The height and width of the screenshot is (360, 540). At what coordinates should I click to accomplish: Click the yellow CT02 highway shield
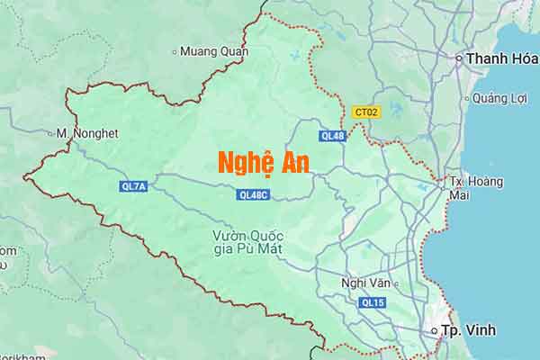(365, 112)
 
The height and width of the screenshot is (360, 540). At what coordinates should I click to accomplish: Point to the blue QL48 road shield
(332, 136)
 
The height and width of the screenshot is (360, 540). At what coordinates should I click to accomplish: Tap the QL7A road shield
(133, 186)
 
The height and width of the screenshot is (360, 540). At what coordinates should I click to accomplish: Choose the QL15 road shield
(372, 303)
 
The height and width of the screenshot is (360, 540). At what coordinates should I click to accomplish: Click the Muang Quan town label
(214, 51)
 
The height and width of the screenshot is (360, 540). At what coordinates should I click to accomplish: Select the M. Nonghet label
(87, 133)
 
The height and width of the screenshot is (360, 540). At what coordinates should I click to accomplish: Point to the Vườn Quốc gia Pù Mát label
(242, 243)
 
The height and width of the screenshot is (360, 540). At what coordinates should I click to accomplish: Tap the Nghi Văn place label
(365, 283)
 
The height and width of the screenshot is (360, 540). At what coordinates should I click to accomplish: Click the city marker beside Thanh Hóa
(459, 59)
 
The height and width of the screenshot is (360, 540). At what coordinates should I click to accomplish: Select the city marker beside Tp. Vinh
(435, 331)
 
